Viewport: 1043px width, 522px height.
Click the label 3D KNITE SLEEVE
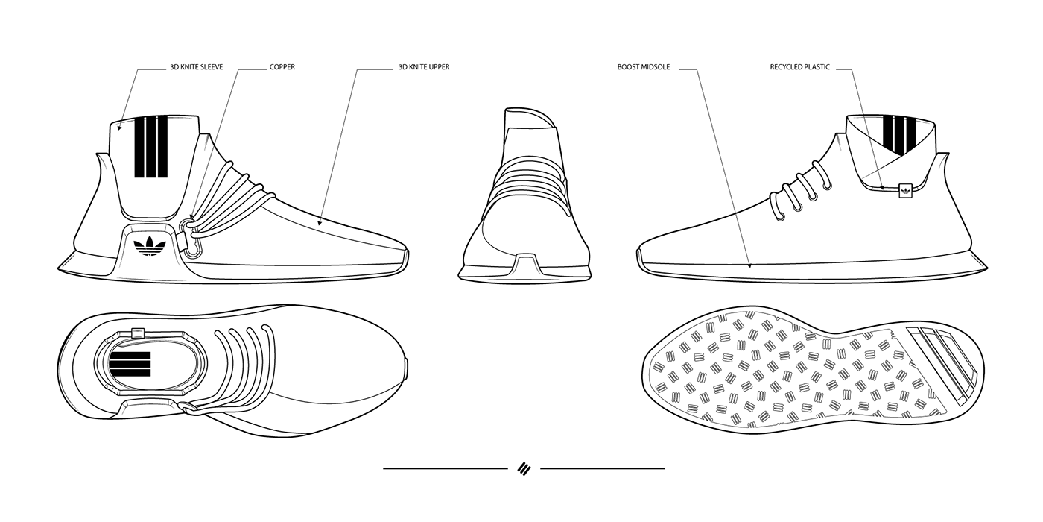pos(196,67)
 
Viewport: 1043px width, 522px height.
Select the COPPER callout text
pos(282,67)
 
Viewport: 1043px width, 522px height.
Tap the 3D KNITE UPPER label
pos(424,67)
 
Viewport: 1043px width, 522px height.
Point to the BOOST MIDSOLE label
pos(643,67)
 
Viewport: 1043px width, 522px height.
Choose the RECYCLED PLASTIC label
pos(799,67)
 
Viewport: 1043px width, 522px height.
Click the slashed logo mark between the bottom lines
pos(523,468)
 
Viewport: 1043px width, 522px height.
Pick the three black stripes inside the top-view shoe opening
pos(130,365)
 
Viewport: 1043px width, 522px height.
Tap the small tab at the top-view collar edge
pos(137,332)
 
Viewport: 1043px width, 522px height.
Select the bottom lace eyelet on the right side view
pos(777,216)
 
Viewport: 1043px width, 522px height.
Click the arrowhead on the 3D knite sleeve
pos(119,128)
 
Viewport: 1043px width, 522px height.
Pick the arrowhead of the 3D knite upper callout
pos(319,221)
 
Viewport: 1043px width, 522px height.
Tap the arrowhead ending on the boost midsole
pos(749,264)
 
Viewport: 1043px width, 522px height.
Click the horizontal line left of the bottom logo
pos(445,468)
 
